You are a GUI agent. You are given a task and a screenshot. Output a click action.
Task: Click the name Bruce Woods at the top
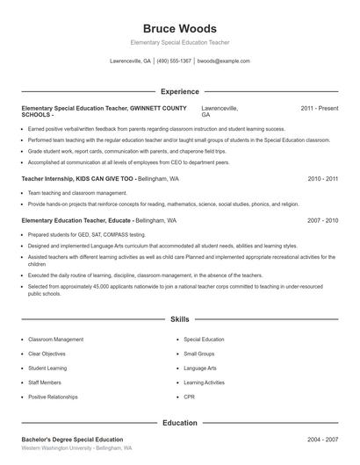tap(179, 29)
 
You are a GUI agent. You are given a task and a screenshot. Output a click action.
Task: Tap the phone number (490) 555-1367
tap(174, 61)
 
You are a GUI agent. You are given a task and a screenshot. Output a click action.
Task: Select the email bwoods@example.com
tap(223, 61)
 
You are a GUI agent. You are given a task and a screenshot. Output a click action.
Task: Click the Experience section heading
tap(179, 91)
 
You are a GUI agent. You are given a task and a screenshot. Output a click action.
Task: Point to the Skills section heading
tap(179, 320)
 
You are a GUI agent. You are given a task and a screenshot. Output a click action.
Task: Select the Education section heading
tap(179, 423)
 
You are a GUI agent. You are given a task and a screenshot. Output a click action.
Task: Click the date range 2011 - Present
tap(319, 109)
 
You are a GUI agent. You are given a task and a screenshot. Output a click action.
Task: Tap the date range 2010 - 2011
tap(322, 178)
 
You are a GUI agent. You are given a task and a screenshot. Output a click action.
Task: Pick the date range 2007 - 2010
tap(322, 221)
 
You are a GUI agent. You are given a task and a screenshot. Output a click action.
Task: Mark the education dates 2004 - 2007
tap(322, 439)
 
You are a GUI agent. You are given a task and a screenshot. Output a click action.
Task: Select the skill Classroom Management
tap(56, 339)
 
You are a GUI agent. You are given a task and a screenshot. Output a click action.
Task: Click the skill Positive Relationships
tap(58, 397)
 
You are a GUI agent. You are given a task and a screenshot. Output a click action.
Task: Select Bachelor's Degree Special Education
tap(72, 439)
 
